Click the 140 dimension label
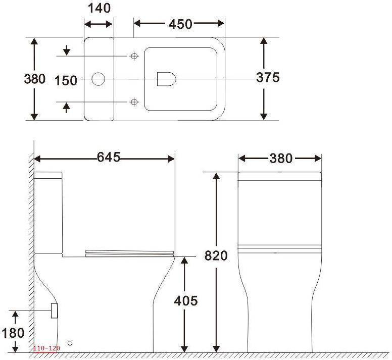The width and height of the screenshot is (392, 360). pos(99,8)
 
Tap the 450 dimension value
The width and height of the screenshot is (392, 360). pos(180,24)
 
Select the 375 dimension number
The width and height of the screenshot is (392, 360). pos(268,77)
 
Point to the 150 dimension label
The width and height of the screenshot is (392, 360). pos(66,81)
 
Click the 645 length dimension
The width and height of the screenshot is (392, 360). pos(109,157)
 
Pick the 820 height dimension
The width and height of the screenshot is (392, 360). pos(216,255)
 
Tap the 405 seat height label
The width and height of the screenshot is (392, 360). pos(186,301)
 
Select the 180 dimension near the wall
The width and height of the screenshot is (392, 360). pos(13,333)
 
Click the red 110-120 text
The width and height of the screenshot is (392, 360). pos(47,348)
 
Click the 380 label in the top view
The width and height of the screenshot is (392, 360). pos(35,79)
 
